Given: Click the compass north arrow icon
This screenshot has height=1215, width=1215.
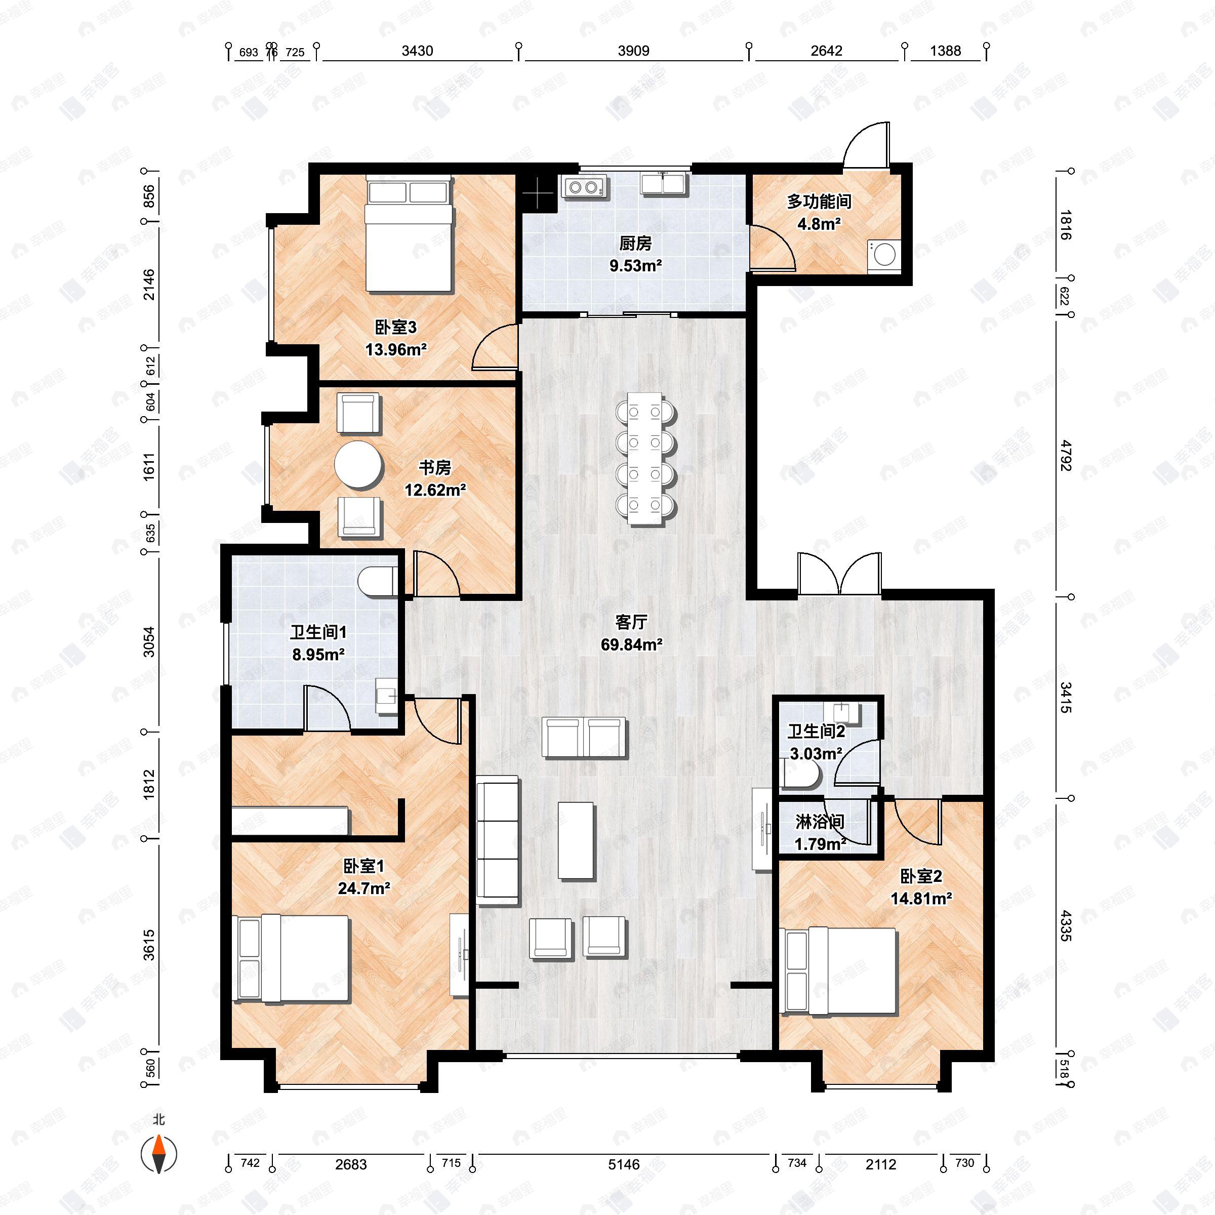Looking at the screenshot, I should (x=158, y=1154).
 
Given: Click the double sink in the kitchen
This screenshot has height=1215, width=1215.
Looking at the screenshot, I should (x=664, y=184).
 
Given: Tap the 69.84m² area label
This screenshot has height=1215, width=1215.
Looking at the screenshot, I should (x=631, y=644).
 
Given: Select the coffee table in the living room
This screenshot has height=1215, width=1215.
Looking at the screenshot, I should (x=576, y=839).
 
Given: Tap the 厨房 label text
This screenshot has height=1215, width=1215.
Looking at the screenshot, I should (x=635, y=244).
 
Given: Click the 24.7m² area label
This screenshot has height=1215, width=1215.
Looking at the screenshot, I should (x=364, y=888).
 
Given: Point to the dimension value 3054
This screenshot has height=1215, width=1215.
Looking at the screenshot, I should (x=148, y=641).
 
